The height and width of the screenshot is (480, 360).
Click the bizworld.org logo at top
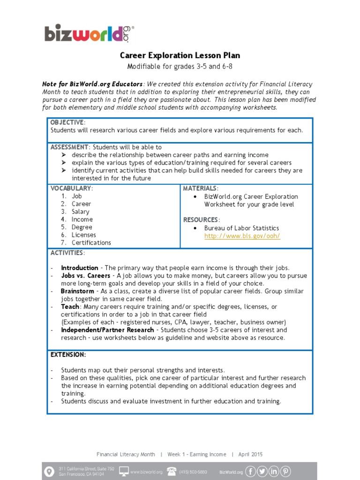coord(89,33)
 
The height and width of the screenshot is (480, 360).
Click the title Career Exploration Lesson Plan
coord(180,55)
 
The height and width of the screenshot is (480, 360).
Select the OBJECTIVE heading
coord(67,122)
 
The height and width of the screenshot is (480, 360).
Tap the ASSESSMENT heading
coord(69,147)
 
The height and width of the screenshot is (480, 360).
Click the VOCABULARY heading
coord(71,188)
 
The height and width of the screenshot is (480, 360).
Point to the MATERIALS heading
coord(200,188)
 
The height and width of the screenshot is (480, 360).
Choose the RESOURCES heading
coord(201,220)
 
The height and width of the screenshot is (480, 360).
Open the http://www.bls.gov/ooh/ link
coord(242,236)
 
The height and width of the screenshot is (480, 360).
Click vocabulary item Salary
coord(80,212)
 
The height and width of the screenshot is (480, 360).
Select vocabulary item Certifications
coord(91,243)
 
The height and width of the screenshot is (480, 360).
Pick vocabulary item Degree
coord(82,227)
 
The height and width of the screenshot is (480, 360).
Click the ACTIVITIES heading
coord(67,253)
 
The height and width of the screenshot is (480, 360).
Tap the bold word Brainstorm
coord(78,291)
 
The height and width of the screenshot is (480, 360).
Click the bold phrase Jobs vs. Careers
coord(86,276)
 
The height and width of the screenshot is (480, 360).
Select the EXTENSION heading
coord(68,355)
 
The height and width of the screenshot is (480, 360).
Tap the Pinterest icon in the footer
coord(285,471)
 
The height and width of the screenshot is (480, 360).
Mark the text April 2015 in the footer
coord(250,454)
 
